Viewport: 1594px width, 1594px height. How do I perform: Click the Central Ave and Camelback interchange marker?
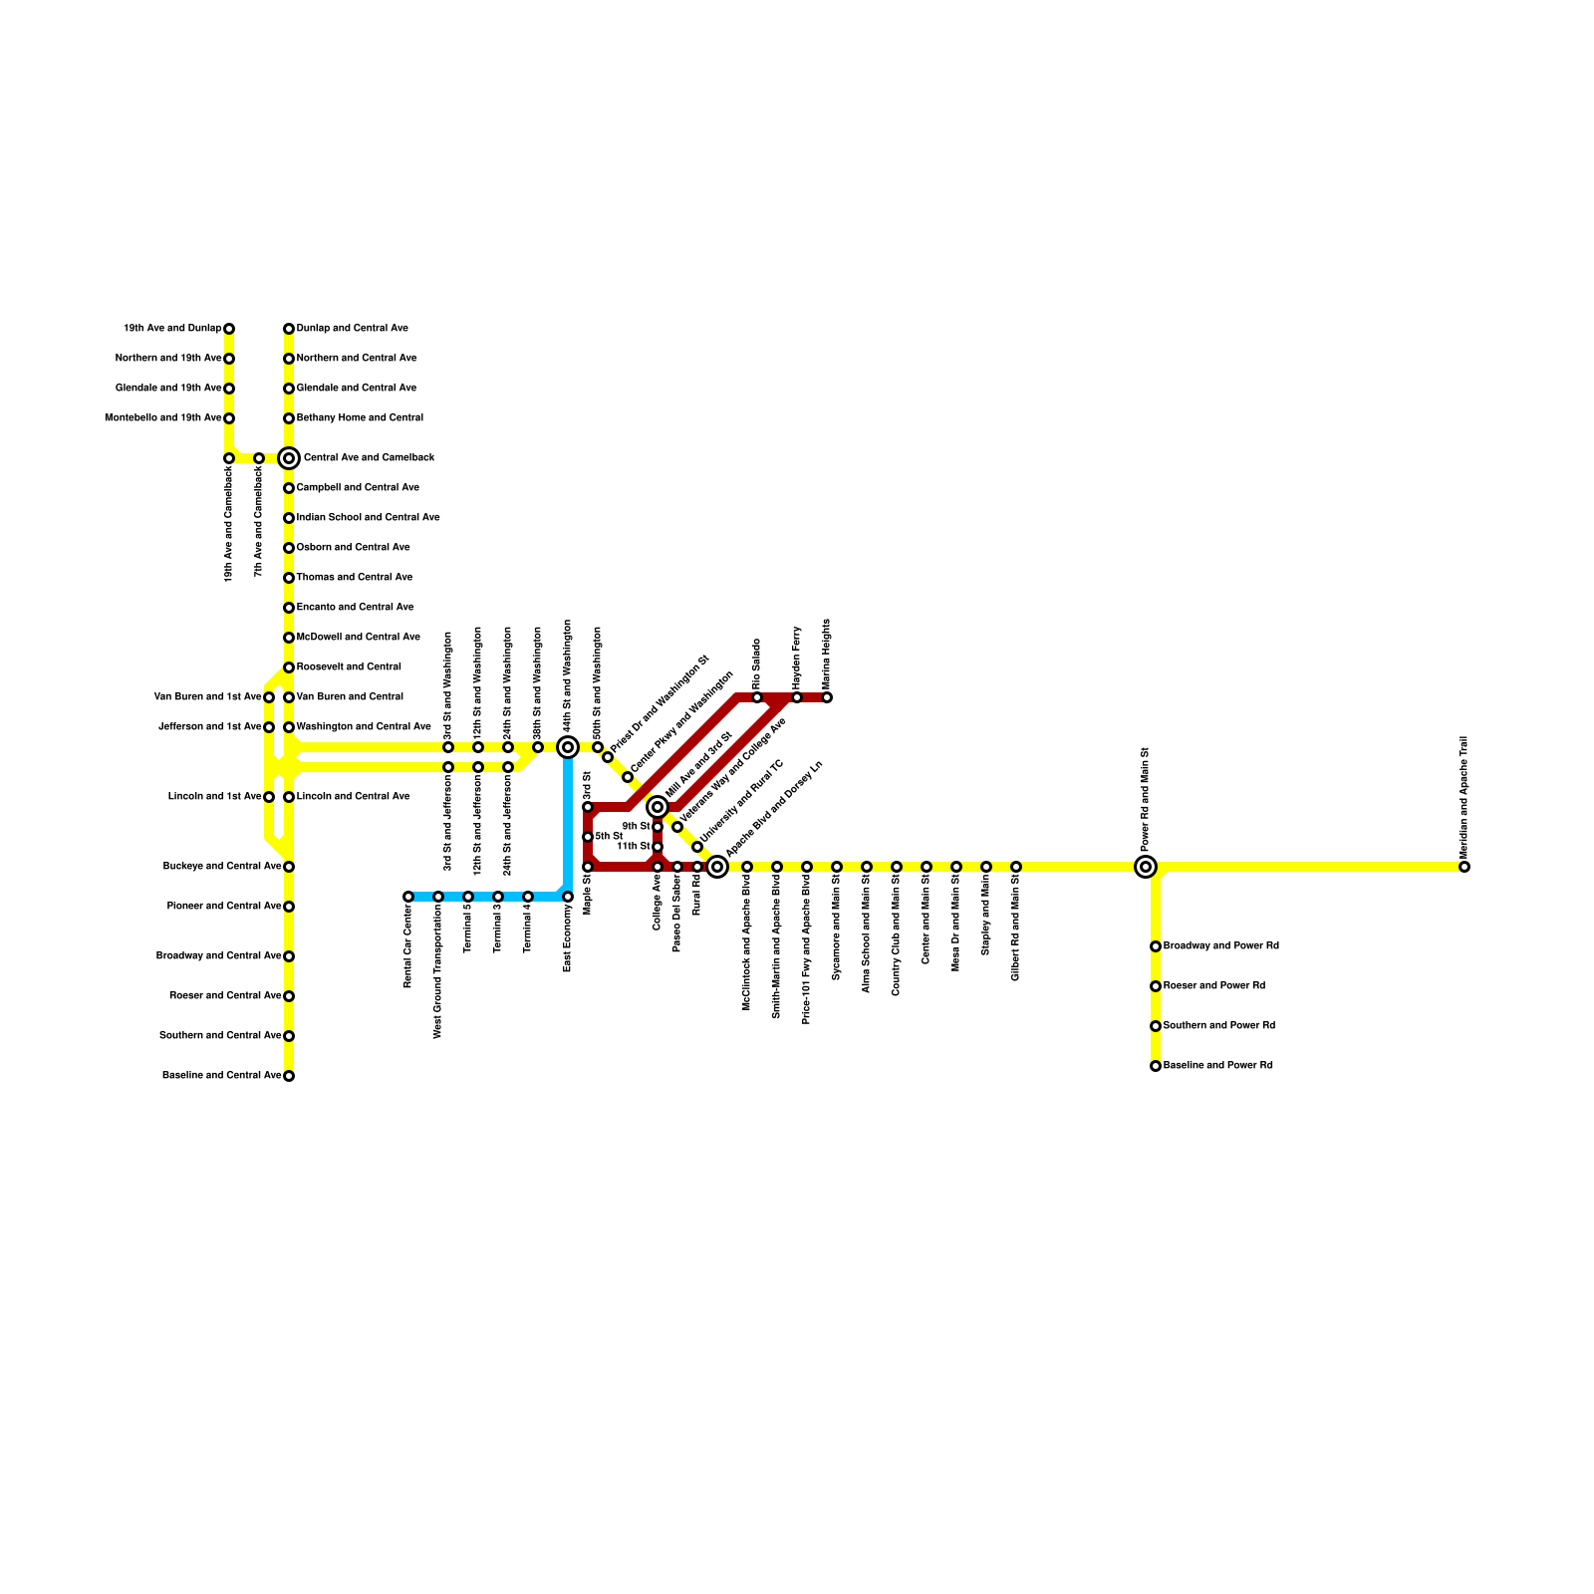[289, 458]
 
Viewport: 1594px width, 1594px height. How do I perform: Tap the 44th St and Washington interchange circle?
[568, 747]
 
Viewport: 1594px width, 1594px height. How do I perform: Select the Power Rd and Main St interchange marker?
[1146, 867]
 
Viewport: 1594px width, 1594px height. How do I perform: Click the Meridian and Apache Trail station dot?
[1464, 867]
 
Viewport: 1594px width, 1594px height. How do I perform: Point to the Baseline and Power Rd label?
[1217, 1066]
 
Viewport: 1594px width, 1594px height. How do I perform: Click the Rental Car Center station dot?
[408, 897]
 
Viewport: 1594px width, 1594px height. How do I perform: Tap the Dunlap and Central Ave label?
[352, 329]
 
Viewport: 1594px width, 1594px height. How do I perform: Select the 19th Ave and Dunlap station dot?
[229, 329]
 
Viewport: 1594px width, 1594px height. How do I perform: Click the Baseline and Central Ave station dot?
[289, 1076]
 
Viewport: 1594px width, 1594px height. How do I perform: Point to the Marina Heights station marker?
[827, 697]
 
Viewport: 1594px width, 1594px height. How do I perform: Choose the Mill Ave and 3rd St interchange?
[658, 807]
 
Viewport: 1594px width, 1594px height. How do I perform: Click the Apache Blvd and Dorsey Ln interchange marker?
[717, 867]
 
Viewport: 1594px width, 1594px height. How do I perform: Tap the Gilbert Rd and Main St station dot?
[1016, 867]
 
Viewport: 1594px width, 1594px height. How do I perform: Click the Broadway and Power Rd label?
[1220, 946]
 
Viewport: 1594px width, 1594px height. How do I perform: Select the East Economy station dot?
[568, 897]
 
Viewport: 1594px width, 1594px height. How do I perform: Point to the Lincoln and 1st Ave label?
[214, 797]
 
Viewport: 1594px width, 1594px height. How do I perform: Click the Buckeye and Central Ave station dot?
[289, 867]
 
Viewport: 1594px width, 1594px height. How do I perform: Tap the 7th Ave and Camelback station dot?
[259, 458]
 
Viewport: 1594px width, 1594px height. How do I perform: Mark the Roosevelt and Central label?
[349, 667]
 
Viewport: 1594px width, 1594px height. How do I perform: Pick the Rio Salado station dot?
[757, 697]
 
